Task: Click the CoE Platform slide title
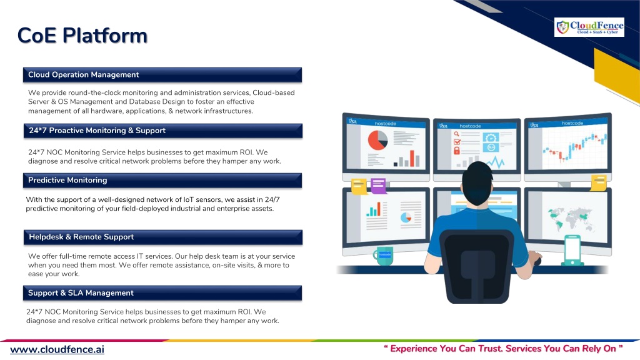(82, 36)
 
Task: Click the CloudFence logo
(589, 27)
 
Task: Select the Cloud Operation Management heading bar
(162, 75)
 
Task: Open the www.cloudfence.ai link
(57, 350)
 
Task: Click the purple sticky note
(378, 185)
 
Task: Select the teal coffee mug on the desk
(383, 256)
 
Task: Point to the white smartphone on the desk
(572, 250)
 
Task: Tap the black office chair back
(477, 265)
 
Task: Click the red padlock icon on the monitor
(457, 151)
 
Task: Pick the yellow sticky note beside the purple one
(359, 186)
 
